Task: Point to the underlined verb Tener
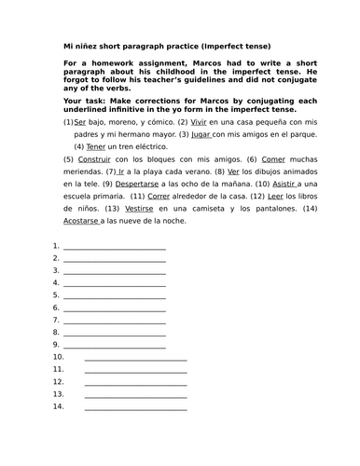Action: (x=97, y=146)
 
